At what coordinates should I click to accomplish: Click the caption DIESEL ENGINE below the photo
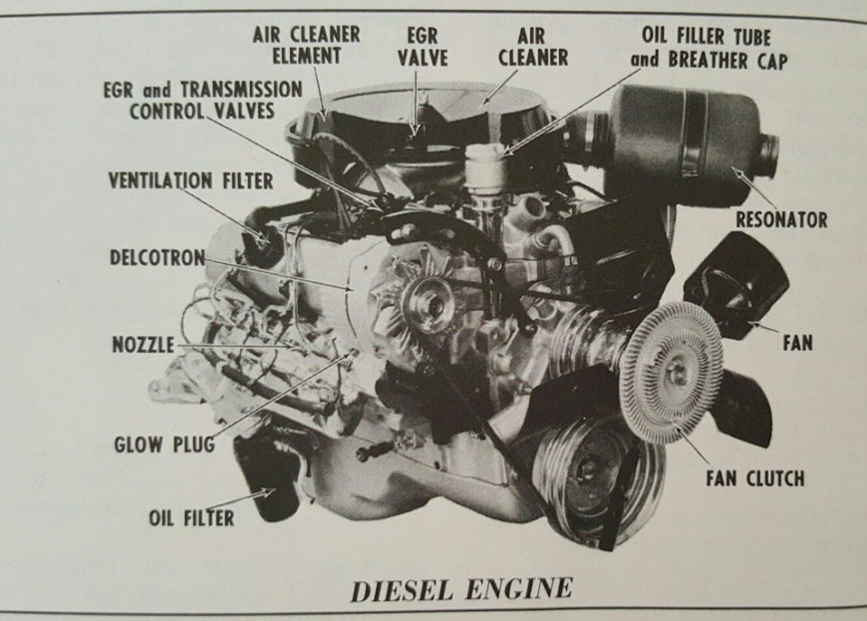point(461,589)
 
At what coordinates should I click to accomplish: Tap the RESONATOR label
point(781,219)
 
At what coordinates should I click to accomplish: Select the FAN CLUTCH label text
point(754,477)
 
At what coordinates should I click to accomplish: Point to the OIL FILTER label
point(191,517)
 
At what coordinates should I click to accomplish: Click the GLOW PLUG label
point(164,444)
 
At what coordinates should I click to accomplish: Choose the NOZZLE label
point(144,345)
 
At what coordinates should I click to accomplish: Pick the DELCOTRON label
point(157,257)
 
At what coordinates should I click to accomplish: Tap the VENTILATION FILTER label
point(190,180)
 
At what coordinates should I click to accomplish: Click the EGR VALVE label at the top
point(423,47)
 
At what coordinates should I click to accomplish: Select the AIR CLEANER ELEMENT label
point(306,45)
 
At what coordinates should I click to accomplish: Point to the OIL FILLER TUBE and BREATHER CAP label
point(709,48)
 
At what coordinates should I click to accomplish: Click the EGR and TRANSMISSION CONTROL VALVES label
point(203,100)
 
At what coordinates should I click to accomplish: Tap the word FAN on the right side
point(797,343)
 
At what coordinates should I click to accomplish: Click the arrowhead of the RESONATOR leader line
point(738,169)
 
